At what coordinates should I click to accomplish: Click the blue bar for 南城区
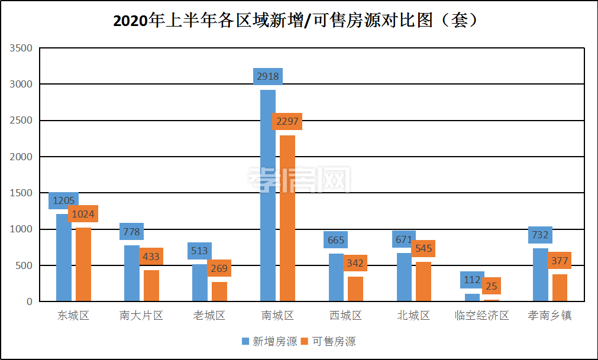pyautogui.click(x=267, y=195)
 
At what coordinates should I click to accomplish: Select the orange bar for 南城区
pyautogui.click(x=287, y=219)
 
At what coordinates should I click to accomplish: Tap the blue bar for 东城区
pyautogui.click(x=63, y=258)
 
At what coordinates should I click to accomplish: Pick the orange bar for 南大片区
pyautogui.click(x=151, y=286)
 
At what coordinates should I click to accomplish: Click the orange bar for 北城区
pyautogui.click(x=424, y=281)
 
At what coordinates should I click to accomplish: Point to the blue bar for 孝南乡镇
pyautogui.click(x=540, y=274)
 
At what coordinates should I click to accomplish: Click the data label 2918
pyautogui.click(x=267, y=77)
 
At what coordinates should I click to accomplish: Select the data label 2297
pyautogui.click(x=287, y=122)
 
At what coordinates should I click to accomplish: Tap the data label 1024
pyautogui.click(x=83, y=214)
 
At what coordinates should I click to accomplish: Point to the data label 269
pyautogui.click(x=219, y=268)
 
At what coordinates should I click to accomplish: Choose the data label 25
pyautogui.click(x=492, y=286)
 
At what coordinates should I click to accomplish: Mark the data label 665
pyautogui.click(x=335, y=240)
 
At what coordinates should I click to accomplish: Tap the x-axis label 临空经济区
pyautogui.click(x=482, y=316)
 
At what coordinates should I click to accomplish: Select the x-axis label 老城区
pyautogui.click(x=209, y=316)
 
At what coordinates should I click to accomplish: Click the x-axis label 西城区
pyautogui.click(x=345, y=316)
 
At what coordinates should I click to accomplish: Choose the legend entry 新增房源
pyautogui.click(x=269, y=342)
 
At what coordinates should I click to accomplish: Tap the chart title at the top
pyautogui.click(x=296, y=21)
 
